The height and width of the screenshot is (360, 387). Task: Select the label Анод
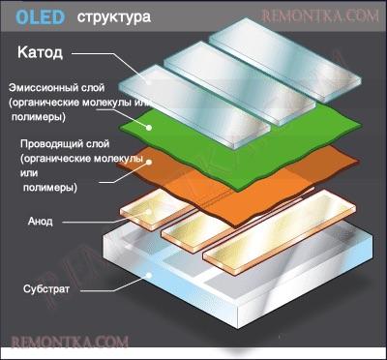coord(41,221)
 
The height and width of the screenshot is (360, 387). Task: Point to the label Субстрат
coord(45,288)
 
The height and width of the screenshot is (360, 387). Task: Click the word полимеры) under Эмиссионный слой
coord(38,116)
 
